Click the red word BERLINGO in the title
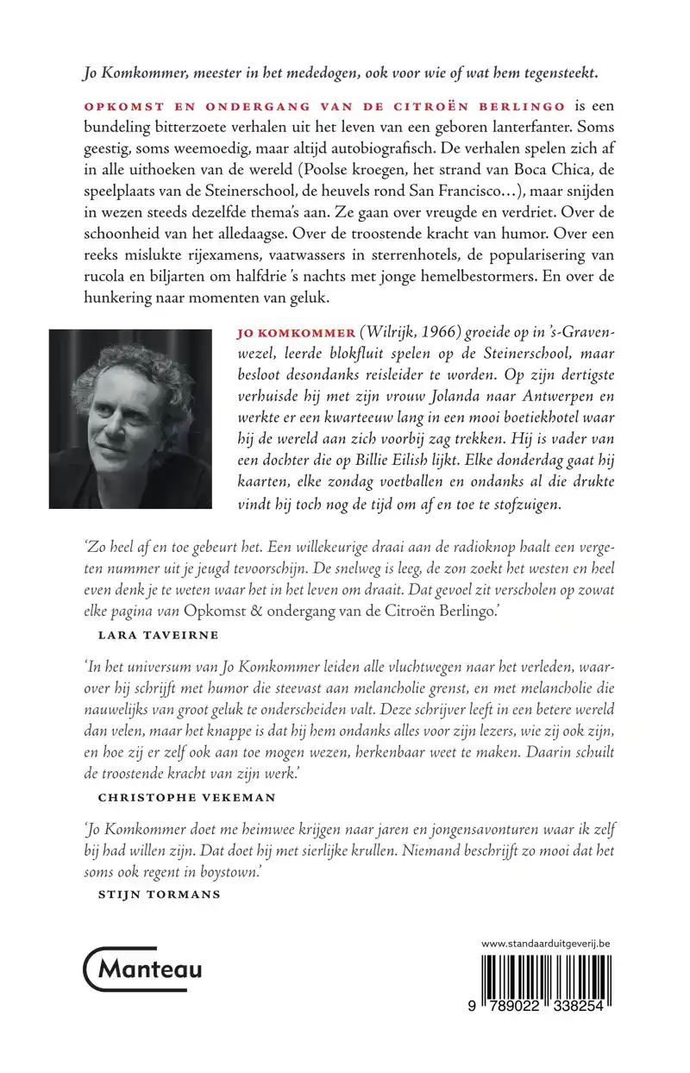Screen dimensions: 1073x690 coord(530,106)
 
